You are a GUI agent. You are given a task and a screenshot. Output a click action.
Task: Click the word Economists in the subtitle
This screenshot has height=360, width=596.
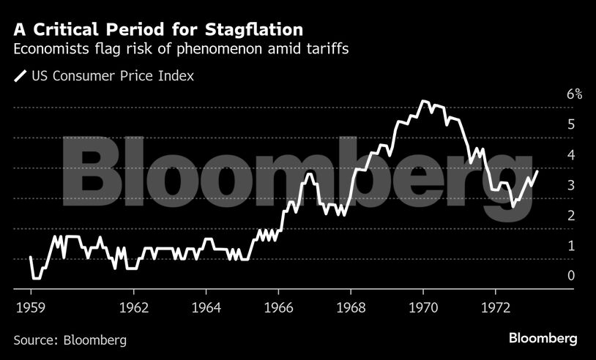(50, 50)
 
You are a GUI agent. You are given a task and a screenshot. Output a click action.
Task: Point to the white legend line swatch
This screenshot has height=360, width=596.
(20, 76)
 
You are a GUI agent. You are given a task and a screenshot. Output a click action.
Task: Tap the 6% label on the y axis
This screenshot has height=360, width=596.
(574, 94)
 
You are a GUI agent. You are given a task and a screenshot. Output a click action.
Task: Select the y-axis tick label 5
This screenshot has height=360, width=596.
(570, 124)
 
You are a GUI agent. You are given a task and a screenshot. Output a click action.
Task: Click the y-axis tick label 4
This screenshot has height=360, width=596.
(570, 155)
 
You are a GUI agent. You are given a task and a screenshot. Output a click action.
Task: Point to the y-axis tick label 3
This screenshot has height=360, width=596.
(570, 185)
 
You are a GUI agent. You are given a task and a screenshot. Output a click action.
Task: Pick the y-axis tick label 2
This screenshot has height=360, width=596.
(570, 215)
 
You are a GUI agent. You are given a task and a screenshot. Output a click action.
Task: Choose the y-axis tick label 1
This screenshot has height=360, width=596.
(570, 246)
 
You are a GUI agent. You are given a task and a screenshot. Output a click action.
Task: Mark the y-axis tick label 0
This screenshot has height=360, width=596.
(570, 276)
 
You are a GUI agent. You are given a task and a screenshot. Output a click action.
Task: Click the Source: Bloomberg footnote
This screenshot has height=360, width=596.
(70, 340)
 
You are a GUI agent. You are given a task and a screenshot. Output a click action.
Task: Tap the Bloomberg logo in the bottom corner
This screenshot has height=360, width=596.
(543, 339)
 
